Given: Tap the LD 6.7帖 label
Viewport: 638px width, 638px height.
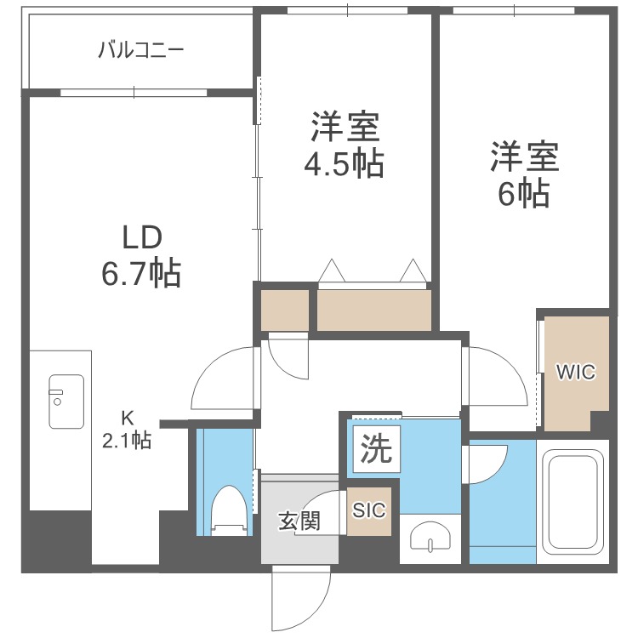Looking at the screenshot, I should point(141,254).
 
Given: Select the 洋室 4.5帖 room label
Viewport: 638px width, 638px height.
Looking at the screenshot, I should point(345,145).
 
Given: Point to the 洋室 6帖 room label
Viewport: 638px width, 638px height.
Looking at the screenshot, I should point(523,175).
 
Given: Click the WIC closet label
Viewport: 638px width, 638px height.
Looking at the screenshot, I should point(576,373).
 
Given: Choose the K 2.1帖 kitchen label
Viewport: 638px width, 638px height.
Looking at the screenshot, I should point(127,430).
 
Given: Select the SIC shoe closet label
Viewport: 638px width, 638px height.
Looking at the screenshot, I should point(370,510).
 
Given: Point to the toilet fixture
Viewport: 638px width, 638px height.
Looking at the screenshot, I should point(228,510).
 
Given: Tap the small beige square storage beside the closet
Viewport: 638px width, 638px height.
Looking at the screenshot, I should point(285,310).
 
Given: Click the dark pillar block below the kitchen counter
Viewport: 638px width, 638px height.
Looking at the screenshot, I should point(58,540).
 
